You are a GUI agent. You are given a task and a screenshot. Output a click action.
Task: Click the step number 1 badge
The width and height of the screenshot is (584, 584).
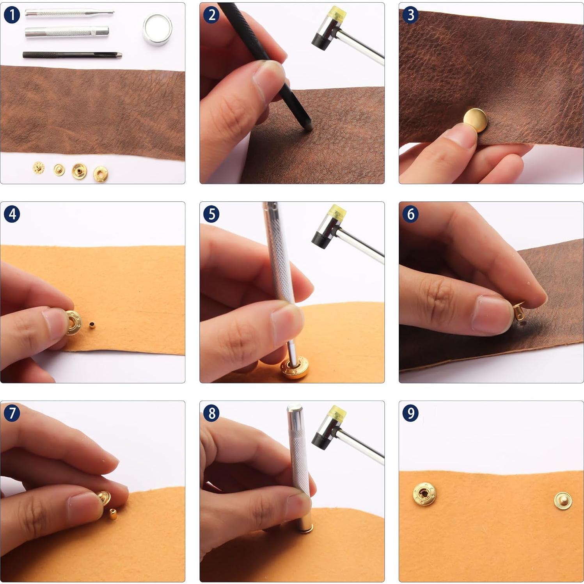click(x=12, y=15)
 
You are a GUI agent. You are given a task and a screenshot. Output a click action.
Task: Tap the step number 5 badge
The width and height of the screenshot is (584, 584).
click(x=211, y=214)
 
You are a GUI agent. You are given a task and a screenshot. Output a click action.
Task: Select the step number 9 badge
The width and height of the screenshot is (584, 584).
click(x=410, y=413)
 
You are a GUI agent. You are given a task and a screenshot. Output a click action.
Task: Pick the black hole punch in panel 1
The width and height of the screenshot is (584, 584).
click(x=72, y=55)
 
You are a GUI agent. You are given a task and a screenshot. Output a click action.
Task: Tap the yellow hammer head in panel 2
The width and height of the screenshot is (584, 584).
click(x=337, y=14)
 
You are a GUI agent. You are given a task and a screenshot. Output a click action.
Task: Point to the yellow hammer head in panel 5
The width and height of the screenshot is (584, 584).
click(x=337, y=213)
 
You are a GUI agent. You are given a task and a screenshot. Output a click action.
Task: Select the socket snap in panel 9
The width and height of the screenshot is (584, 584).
click(x=424, y=494)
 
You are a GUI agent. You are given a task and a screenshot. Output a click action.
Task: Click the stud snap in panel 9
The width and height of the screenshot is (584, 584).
click(x=563, y=501)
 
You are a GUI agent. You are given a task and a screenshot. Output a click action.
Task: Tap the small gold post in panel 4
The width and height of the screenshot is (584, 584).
click(x=92, y=325)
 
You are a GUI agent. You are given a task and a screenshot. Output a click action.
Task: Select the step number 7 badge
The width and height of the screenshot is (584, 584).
click(x=12, y=413)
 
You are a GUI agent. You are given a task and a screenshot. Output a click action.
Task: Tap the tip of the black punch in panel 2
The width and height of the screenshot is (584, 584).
click(x=308, y=127)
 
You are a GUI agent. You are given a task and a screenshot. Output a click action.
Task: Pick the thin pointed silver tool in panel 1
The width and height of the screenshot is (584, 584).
click(x=69, y=13)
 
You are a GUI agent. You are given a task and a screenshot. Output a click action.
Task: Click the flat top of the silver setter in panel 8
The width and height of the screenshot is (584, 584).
click(x=295, y=409)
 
